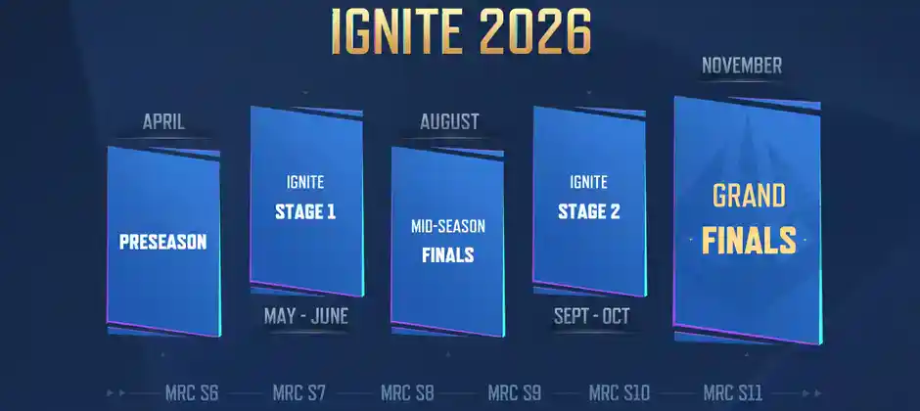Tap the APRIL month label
tap(163, 122)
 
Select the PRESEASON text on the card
tap(163, 242)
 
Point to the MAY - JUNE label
tap(306, 316)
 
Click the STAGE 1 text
tap(305, 210)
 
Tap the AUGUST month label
tap(449, 122)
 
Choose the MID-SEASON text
tap(448, 227)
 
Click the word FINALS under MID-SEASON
tap(448, 255)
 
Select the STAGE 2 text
tap(588, 210)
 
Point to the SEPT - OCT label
tap(590, 316)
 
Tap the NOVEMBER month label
tap(742, 67)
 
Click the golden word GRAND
tap(749, 196)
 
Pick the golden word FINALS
tap(749, 239)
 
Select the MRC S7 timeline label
tap(299, 393)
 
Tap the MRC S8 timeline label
tap(406, 393)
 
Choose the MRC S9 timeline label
tap(514, 393)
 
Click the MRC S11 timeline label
tap(733, 393)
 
